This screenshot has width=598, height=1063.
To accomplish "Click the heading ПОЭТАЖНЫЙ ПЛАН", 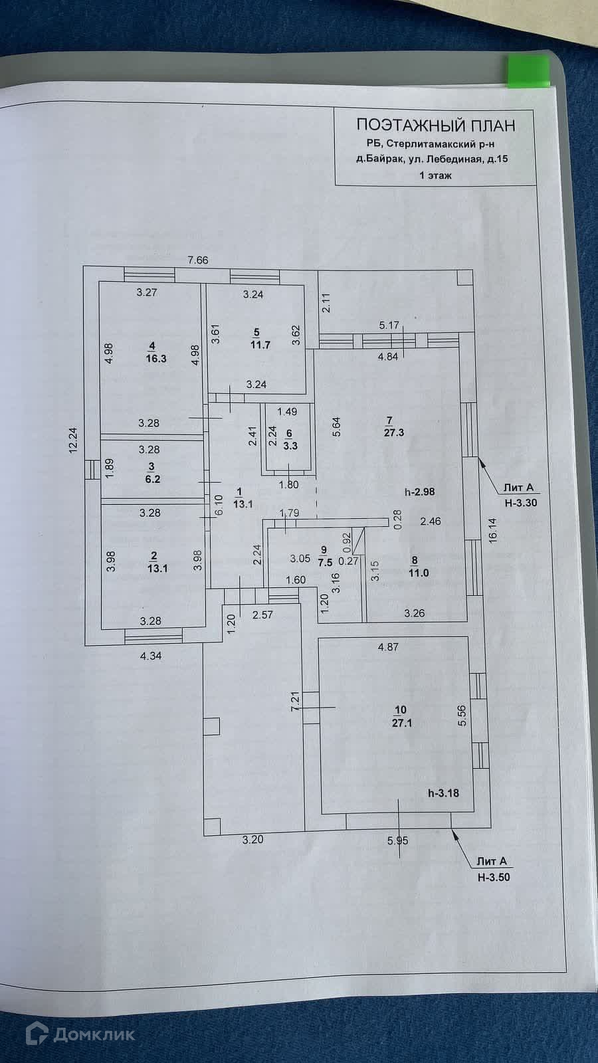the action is pyautogui.click(x=436, y=125).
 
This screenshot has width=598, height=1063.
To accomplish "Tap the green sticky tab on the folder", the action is pyautogui.click(x=529, y=72).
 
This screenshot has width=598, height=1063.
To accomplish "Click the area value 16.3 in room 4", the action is pyautogui.click(x=156, y=358).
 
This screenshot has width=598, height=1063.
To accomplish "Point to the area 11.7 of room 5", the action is pyautogui.click(x=260, y=345).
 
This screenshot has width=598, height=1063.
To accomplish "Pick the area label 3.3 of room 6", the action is pyautogui.click(x=290, y=446).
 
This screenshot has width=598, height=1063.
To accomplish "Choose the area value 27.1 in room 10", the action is pyautogui.click(x=401, y=724).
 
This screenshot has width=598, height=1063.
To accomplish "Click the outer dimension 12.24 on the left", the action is pyautogui.click(x=73, y=441).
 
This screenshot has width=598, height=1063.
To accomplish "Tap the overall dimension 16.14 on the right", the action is pyautogui.click(x=492, y=530).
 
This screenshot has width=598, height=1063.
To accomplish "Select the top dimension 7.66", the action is pyautogui.click(x=198, y=260).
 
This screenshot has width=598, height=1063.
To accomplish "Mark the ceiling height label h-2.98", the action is pyautogui.click(x=419, y=492).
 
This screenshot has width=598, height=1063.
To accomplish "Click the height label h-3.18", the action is pyautogui.click(x=443, y=793).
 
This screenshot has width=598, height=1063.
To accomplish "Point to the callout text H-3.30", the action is pyautogui.click(x=521, y=503).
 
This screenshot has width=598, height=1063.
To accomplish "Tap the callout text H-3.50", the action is pyautogui.click(x=494, y=877).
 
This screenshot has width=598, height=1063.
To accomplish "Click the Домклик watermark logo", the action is pyautogui.click(x=80, y=1033).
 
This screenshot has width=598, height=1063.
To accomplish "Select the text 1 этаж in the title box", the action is pyautogui.click(x=435, y=175).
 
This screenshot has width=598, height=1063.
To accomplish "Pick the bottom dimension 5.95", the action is pyautogui.click(x=398, y=841).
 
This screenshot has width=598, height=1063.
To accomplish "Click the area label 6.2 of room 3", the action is pyautogui.click(x=152, y=479).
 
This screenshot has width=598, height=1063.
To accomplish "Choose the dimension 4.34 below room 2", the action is pyautogui.click(x=151, y=656).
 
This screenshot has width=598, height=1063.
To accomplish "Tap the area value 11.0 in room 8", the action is pyautogui.click(x=419, y=573).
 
